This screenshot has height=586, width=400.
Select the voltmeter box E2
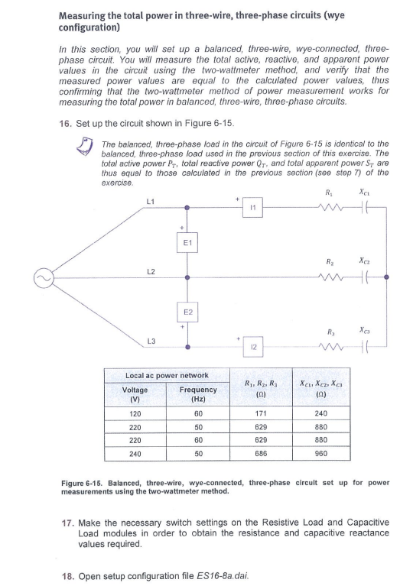(x=188, y=314)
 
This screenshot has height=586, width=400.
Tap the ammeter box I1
(x=252, y=208)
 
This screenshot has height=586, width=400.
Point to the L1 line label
(x=151, y=201)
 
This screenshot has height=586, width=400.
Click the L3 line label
(x=151, y=343)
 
